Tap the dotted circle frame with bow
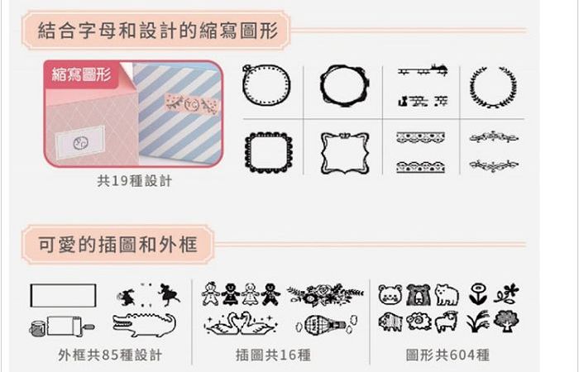pyautogui.click(x=245, y=85)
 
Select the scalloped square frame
pyautogui.click(x=246, y=152)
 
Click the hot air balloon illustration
pyautogui.click(x=326, y=325)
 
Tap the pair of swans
pyautogui.click(x=241, y=324)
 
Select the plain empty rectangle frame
pyautogui.click(x=31, y=295)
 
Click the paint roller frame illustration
pyautogui.click(x=62, y=327)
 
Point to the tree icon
pyautogui.click(x=506, y=321)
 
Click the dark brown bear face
pyautogui.click(x=419, y=295)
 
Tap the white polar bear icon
pyautogui.click(x=447, y=295)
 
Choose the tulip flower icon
pyautogui.click(x=478, y=293)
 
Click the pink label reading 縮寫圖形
pyautogui.click(x=81, y=74)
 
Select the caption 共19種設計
pyautogui.click(x=134, y=181)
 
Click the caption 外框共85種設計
pyautogui.click(x=110, y=355)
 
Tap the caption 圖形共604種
pyautogui.click(x=447, y=355)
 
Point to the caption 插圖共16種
pyautogui.click(x=273, y=355)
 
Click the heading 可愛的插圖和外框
pyautogui.click(x=117, y=245)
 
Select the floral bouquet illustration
pyautogui.click(x=325, y=294)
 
